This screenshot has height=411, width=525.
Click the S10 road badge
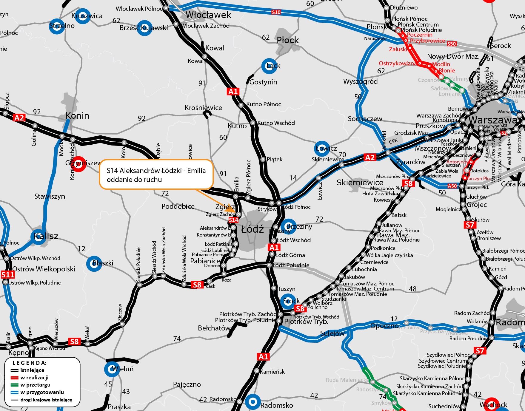pos(276,12)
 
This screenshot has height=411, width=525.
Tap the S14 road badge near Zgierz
pos(233,220)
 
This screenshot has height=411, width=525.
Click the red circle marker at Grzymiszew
pos(78,164)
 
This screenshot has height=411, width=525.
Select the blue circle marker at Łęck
pos(269,66)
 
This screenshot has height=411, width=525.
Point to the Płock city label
pos(288,40)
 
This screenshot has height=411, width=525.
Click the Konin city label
pos(77,115)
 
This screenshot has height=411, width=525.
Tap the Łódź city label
pos(253,229)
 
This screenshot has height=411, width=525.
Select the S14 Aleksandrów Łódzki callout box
pos(156,175)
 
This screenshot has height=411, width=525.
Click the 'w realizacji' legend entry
pos(34,378)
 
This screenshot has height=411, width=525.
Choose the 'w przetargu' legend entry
pos(35,385)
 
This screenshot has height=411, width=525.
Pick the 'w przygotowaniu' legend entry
pos(42,392)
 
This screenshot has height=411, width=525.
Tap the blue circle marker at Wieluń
pos(112,369)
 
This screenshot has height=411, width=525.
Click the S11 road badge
pos(8,275)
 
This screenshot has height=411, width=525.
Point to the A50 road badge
pos(452,186)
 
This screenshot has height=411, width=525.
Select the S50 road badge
pos(452,44)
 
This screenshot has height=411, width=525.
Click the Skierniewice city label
pos(360,183)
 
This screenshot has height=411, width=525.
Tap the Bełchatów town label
pos(214,328)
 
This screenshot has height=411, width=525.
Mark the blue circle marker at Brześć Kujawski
pos(145,28)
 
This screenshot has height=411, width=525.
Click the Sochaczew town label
pos(365,119)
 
